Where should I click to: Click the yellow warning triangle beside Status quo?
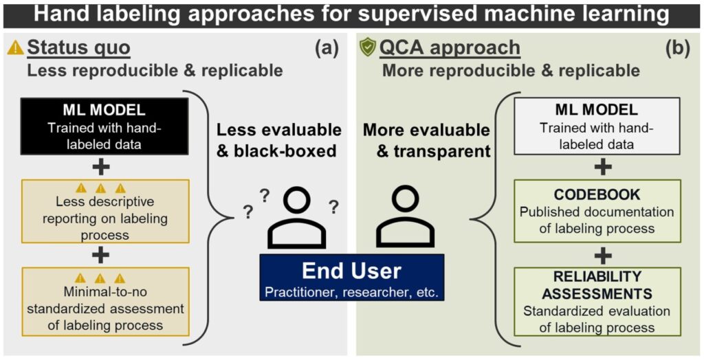[15, 48]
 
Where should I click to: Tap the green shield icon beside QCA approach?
[368, 47]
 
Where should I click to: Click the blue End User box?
[351, 278]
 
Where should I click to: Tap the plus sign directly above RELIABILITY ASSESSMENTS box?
[603, 255]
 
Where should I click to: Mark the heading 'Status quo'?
[78, 48]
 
